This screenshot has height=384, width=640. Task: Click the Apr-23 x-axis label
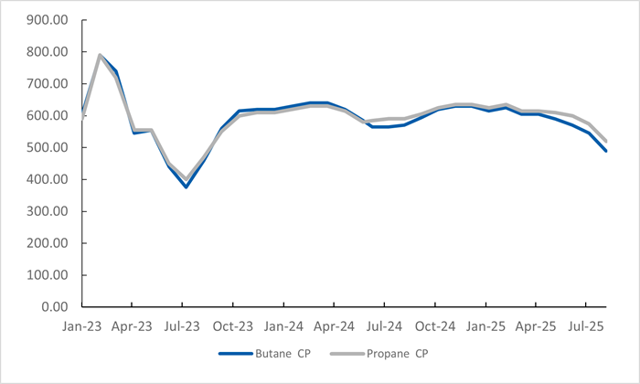[132, 325]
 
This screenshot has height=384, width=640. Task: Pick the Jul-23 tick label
[182, 325]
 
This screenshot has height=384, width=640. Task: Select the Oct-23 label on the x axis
[233, 325]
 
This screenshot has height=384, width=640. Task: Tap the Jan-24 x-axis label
[283, 325]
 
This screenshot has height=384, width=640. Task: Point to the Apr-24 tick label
[335, 325]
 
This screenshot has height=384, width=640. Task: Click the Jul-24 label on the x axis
[385, 325]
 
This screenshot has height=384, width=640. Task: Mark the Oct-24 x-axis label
[436, 325]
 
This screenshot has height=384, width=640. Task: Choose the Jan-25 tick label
[486, 325]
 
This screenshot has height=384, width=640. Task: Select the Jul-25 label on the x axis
[588, 325]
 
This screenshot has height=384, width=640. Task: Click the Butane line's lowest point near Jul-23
[186, 187]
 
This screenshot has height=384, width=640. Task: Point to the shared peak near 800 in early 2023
[100, 55]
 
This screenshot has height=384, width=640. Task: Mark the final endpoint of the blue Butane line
[605, 151]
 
